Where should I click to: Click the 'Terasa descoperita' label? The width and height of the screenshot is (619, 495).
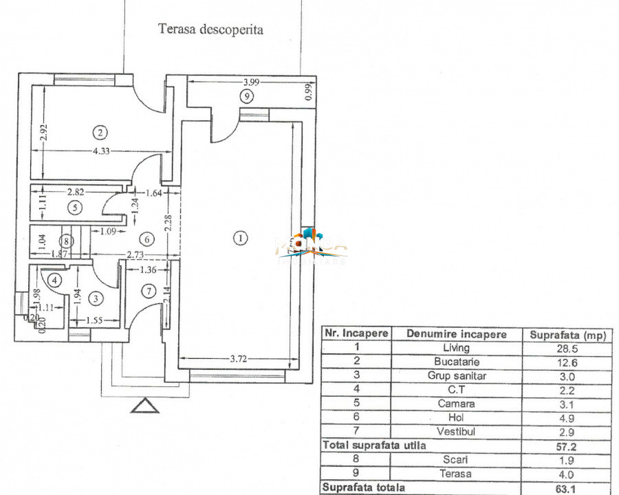point(210,30)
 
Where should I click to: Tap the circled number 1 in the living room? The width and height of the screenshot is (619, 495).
point(239,238)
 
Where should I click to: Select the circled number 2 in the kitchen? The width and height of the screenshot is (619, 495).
point(101,132)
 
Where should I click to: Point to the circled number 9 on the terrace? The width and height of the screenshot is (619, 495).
point(246,97)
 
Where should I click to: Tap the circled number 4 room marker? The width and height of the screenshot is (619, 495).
point(54,280)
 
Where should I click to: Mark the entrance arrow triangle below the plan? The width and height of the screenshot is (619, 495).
point(144,406)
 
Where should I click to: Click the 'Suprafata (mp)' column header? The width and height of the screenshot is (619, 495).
point(565,335)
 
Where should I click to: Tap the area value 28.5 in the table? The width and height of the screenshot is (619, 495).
point(565,348)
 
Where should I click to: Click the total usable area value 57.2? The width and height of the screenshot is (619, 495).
point(565,445)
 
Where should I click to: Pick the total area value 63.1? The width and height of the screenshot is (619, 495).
point(565,487)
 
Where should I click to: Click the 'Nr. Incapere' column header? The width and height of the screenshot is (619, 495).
point(356,334)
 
